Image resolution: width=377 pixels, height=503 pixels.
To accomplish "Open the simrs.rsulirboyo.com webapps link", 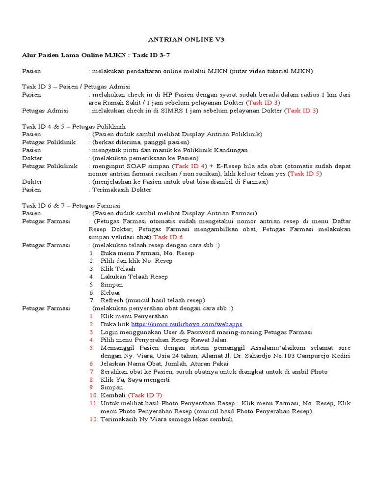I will tap(187, 324).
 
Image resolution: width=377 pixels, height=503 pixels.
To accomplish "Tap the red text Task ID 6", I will tap(168, 237).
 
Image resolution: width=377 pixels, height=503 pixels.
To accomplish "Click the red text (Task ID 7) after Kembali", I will tap(145, 395).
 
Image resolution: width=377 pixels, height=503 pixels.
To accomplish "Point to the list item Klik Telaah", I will tap(118, 269).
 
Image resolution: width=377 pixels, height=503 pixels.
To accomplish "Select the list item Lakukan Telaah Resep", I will tap(134, 277).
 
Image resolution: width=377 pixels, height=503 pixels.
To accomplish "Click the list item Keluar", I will tap(110, 292).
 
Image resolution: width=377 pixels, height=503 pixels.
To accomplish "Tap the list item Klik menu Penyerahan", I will tap(134, 316).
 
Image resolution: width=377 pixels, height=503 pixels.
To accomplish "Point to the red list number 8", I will tap(91, 379).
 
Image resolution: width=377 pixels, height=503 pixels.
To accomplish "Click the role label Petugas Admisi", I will tap(45, 111).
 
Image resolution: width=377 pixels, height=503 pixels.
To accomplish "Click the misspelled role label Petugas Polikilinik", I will tap(50, 166).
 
